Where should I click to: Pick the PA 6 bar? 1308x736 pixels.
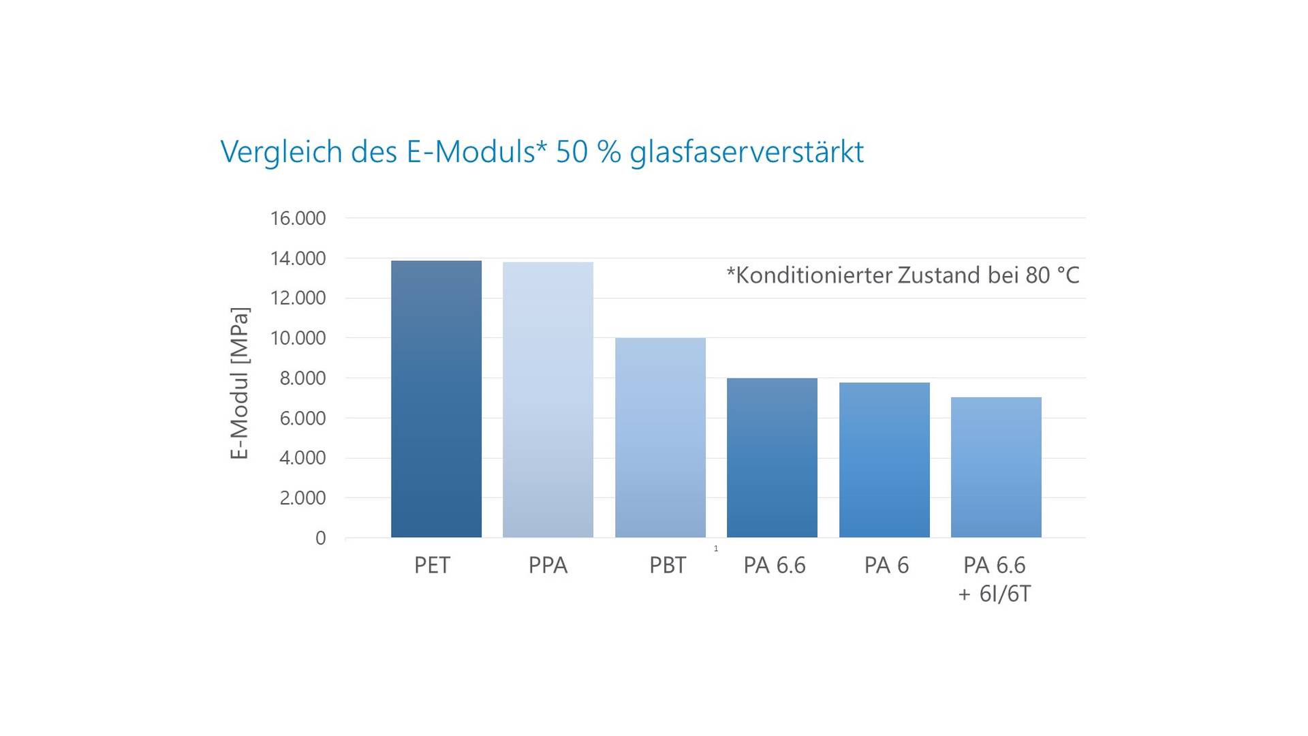pos(884,460)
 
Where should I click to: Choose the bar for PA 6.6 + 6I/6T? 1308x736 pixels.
pos(996,467)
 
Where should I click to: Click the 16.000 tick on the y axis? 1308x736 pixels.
pos(298,219)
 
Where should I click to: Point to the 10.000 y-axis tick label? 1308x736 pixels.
pos(298,338)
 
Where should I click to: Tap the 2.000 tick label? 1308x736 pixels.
pos(302,498)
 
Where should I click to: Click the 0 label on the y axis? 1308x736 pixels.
pos(320,538)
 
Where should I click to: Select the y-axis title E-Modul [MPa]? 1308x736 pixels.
pos(240,383)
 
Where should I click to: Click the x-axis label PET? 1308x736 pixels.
pos(432,566)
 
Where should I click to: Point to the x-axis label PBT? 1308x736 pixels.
pos(668,566)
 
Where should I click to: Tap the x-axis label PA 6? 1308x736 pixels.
pos(886,566)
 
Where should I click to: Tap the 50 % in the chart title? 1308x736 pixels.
pos(588,152)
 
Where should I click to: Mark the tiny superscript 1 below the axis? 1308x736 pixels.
pos(716,549)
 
